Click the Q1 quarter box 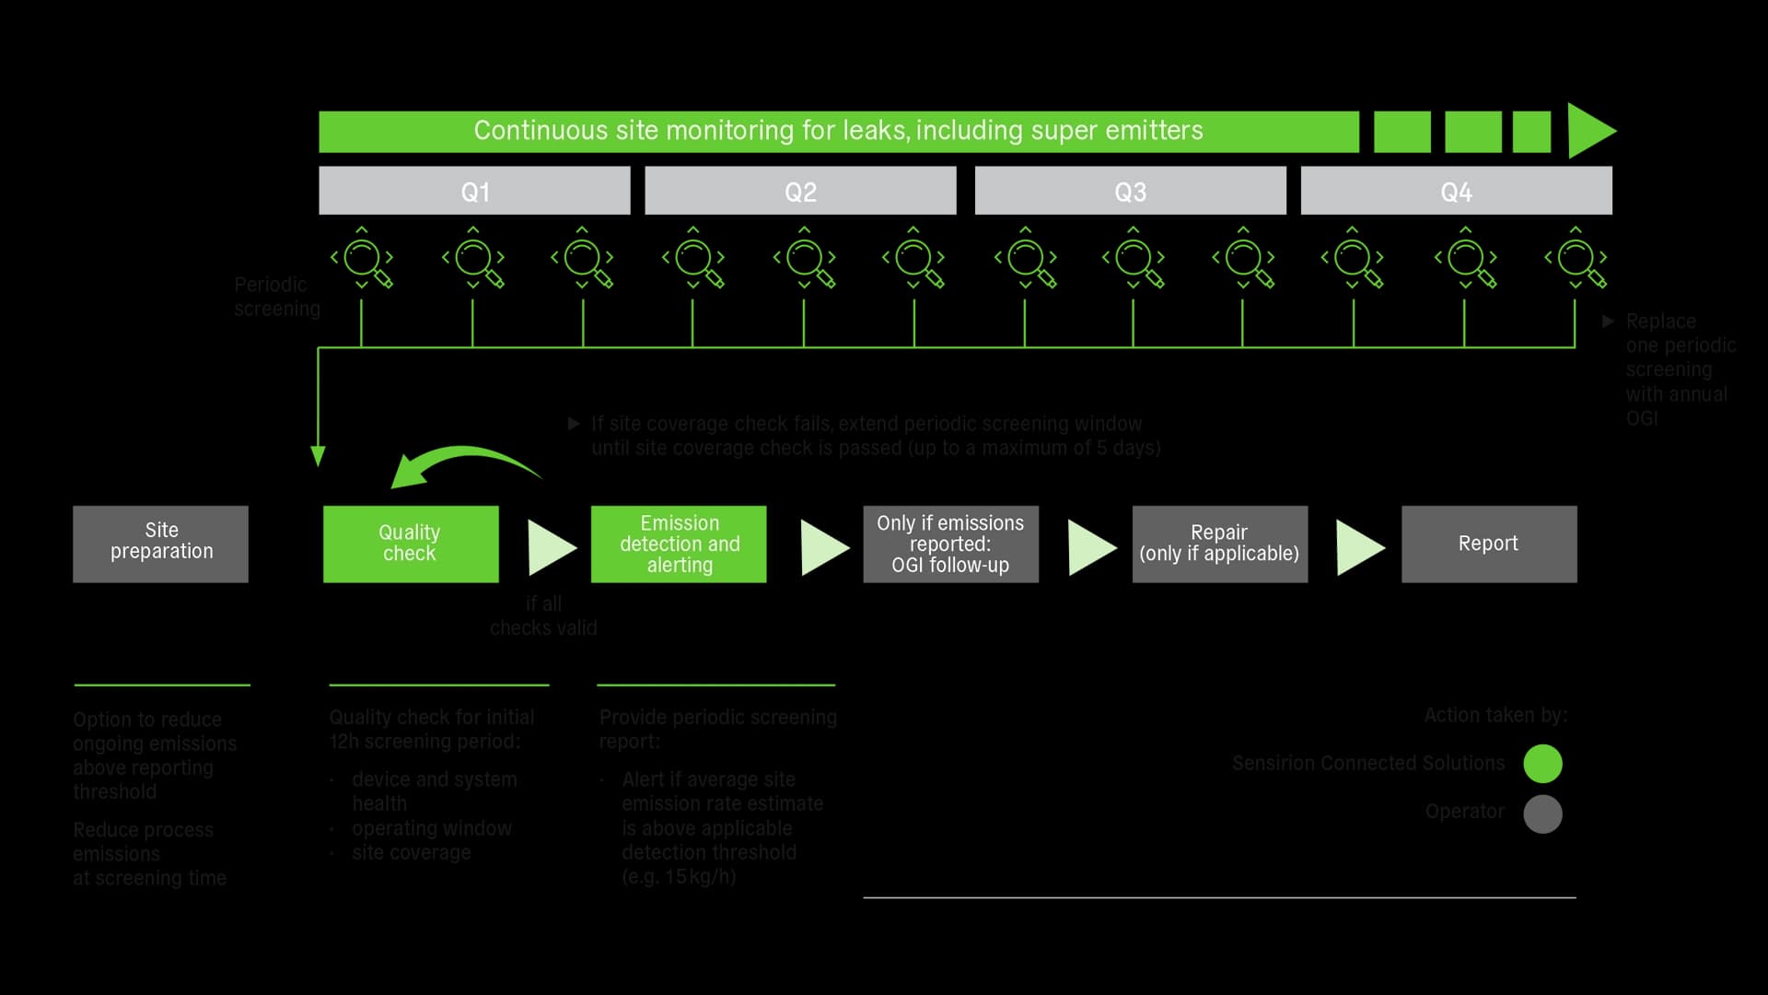(x=474, y=191)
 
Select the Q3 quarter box (x=1130, y=191)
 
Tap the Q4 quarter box (x=1456, y=191)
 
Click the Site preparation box (x=161, y=544)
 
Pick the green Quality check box (x=411, y=544)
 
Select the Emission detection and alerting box (x=679, y=544)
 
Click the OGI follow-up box (x=950, y=544)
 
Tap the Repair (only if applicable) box (x=1219, y=544)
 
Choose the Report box (x=1489, y=544)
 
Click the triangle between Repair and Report (x=1359, y=547)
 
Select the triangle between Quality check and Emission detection (x=550, y=547)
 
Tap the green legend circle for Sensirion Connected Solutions (x=1542, y=764)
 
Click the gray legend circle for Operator (x=1542, y=814)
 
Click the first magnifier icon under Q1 (x=363, y=259)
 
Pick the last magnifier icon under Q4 (x=1576, y=259)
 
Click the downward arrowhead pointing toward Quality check (x=318, y=456)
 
